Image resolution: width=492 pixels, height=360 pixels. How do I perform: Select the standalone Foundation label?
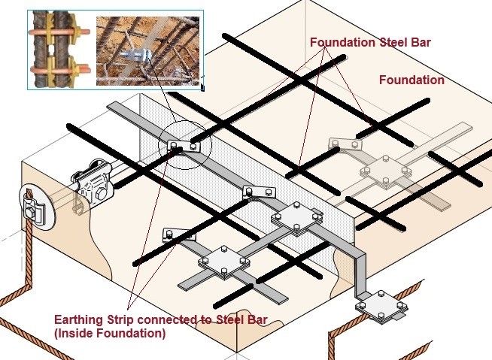tap(411, 80)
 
